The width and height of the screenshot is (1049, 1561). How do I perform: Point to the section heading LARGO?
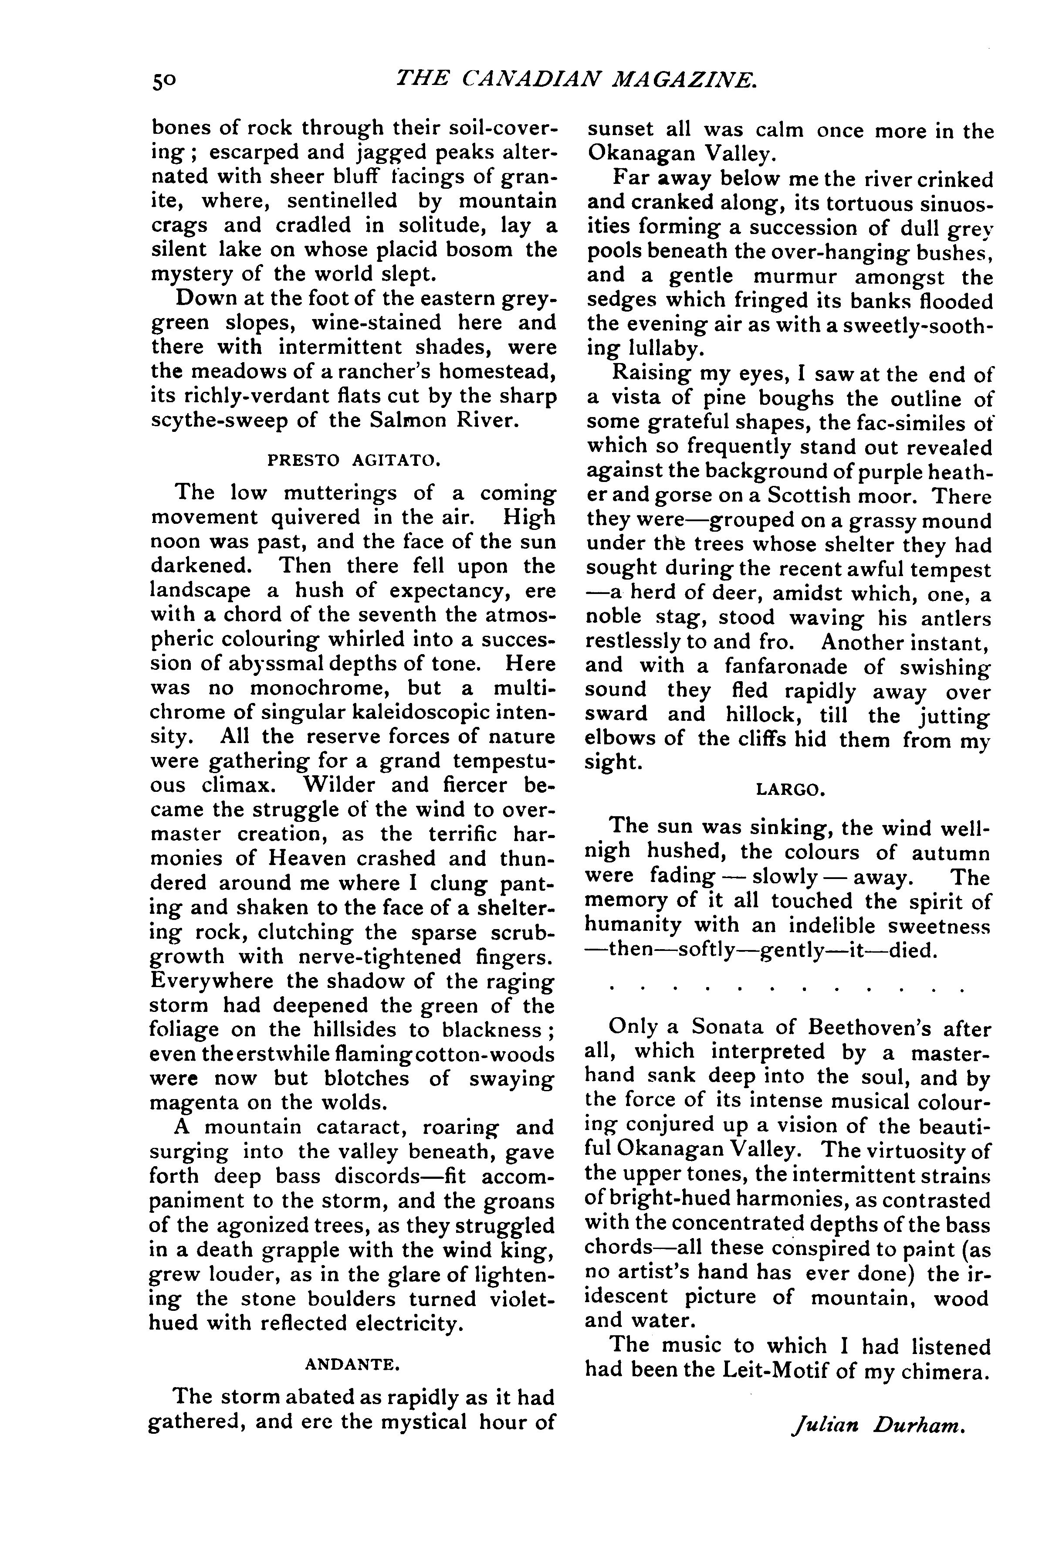click(790, 790)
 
